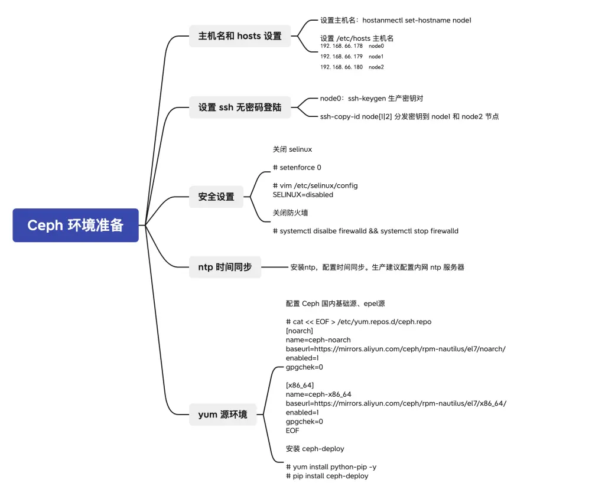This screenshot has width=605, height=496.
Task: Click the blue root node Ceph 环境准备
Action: pos(76,225)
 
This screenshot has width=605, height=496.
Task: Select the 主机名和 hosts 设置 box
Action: pos(240,36)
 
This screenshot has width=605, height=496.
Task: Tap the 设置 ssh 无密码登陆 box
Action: pos(240,107)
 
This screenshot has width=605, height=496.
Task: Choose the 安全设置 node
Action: pos(216,197)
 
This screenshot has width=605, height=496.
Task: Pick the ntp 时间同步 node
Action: pos(225,267)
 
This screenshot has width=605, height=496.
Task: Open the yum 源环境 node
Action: pos(223,415)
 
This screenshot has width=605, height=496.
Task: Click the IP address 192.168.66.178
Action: pos(341,46)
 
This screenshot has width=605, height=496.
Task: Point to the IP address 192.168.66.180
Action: pos(341,67)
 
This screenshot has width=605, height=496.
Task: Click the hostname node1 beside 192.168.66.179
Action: pos(376,57)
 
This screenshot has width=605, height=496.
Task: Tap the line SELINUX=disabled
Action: pos(303,195)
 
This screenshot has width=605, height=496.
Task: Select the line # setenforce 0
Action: pos(297,167)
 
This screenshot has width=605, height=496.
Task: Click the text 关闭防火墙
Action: pos(290,213)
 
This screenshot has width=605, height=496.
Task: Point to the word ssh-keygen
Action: pos(367,99)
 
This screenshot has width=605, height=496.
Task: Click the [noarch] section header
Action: pos(300,331)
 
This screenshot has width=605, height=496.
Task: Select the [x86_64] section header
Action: pos(300,386)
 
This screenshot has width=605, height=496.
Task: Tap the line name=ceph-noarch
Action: pos(318,340)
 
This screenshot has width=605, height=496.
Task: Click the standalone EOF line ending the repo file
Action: pos(292,430)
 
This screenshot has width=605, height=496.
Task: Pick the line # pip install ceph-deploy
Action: pos(327,476)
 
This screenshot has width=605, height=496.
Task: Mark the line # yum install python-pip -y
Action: pos(331,467)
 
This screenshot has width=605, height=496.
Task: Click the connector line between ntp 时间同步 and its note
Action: pos(275,267)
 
